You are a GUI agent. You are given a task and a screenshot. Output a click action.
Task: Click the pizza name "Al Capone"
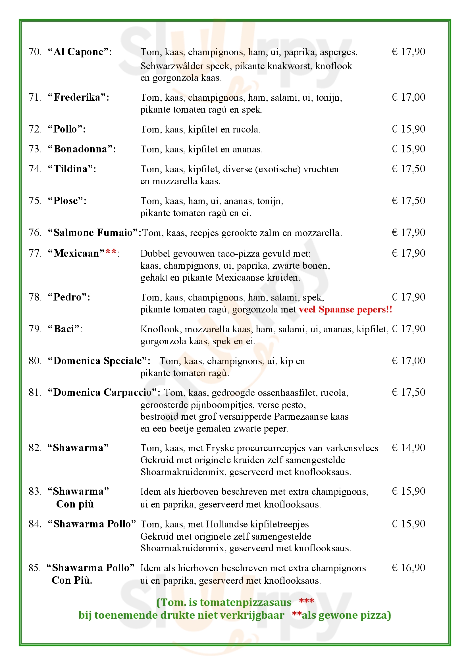[x=80, y=52]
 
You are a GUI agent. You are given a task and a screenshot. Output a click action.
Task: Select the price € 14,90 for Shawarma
[x=408, y=448]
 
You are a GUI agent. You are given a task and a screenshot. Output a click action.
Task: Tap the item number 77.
[x=35, y=253]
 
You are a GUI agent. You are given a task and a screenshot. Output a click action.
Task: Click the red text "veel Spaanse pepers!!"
[x=346, y=309]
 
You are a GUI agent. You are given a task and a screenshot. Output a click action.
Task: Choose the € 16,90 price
[x=408, y=568]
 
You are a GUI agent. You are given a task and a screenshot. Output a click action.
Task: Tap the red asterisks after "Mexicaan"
[x=111, y=252]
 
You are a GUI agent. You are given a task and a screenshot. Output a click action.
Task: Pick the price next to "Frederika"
[x=408, y=97]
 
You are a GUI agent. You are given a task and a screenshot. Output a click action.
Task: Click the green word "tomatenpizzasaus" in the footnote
[x=246, y=602]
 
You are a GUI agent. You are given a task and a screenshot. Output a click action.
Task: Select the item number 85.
[x=35, y=568]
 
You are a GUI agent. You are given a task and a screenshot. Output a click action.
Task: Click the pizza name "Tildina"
[x=72, y=169]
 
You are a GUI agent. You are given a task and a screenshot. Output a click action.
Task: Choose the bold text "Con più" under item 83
[x=75, y=504]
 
